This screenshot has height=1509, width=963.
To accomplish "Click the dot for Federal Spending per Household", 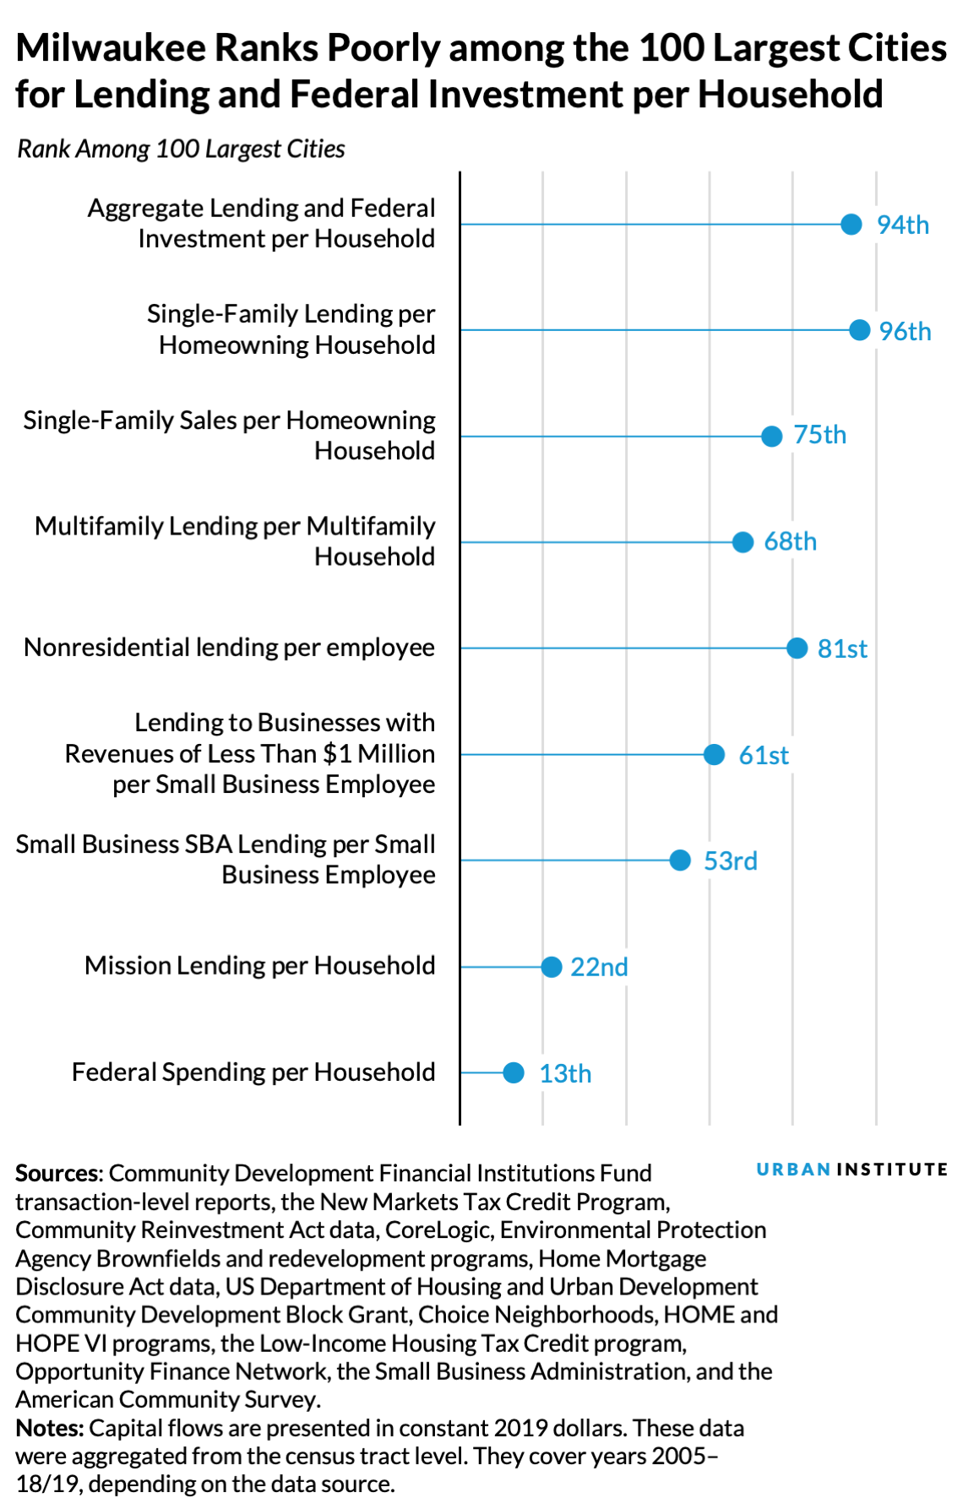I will tap(514, 1072).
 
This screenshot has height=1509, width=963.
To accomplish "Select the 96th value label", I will tap(905, 331).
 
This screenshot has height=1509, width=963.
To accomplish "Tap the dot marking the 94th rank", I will tap(851, 225).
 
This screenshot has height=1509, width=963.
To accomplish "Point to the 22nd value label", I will tap(599, 967).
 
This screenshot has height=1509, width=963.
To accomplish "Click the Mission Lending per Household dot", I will tap(551, 967).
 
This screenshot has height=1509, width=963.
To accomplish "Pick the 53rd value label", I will tap(730, 860).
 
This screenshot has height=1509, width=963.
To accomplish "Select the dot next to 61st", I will tap(714, 754).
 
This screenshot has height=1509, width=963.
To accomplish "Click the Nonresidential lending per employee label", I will tap(230, 648).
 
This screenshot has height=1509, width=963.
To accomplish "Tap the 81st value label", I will tap(842, 649).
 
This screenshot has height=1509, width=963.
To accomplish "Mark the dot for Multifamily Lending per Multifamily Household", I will tap(743, 542).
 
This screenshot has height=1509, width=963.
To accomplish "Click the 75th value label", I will tap(819, 435).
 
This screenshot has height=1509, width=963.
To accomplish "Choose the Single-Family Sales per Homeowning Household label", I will tap(230, 435).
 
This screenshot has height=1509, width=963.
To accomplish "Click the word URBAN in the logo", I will tap(793, 1170).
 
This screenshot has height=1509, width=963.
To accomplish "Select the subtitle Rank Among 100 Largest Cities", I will tap(181, 149).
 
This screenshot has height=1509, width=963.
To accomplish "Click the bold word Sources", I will tap(57, 1173).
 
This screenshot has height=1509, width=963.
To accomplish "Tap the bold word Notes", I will tap(48, 1428).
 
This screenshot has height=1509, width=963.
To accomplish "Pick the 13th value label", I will tap(565, 1073).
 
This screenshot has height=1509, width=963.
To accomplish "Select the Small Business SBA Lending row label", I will tap(226, 860).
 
